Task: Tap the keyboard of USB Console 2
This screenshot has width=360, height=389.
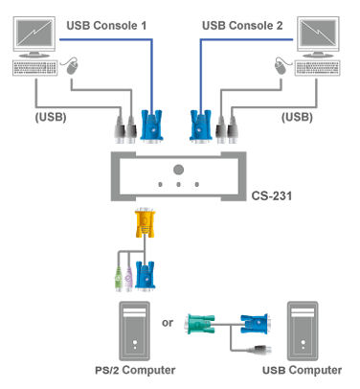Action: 325,70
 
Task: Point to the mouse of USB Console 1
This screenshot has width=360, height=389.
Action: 71,66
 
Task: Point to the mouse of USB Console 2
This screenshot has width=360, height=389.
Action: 283,66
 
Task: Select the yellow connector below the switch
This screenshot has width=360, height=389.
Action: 144,227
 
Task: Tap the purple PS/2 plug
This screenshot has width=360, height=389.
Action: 127,285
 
